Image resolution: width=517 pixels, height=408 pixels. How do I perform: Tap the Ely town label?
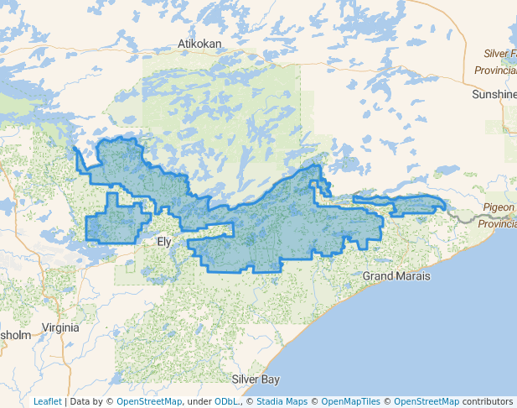click(166, 243)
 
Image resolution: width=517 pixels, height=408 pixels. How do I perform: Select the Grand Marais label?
click(396, 276)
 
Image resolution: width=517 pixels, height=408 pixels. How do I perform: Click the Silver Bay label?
click(256, 379)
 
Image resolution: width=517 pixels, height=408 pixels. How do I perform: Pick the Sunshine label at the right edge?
click(494, 95)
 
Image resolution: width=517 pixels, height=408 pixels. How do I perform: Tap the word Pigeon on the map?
click(500, 207)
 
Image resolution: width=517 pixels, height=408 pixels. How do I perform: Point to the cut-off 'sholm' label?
click(15, 335)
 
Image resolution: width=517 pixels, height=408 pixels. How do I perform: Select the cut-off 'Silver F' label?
click(500, 54)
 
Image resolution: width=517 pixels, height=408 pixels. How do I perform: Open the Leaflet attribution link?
click(47, 401)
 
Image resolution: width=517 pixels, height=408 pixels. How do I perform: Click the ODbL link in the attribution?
click(225, 401)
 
